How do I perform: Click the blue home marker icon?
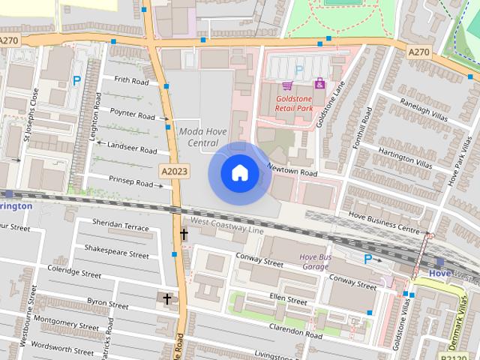pyautogui.click(x=240, y=173)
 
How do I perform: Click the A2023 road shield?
pyautogui.click(x=174, y=172)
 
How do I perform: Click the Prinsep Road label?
pyautogui.click(x=131, y=181)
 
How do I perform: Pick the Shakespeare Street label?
pyautogui.click(x=116, y=254)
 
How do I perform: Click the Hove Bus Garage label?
pyautogui.click(x=314, y=262)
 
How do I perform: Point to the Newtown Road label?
pyautogui.click(x=292, y=172)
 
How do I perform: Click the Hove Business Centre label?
pyautogui.click(x=388, y=226)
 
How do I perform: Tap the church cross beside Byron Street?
pyautogui.click(x=166, y=298)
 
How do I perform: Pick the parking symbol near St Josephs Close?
pyautogui.click(x=76, y=80)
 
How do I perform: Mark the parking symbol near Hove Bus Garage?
pyautogui.click(x=367, y=259)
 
